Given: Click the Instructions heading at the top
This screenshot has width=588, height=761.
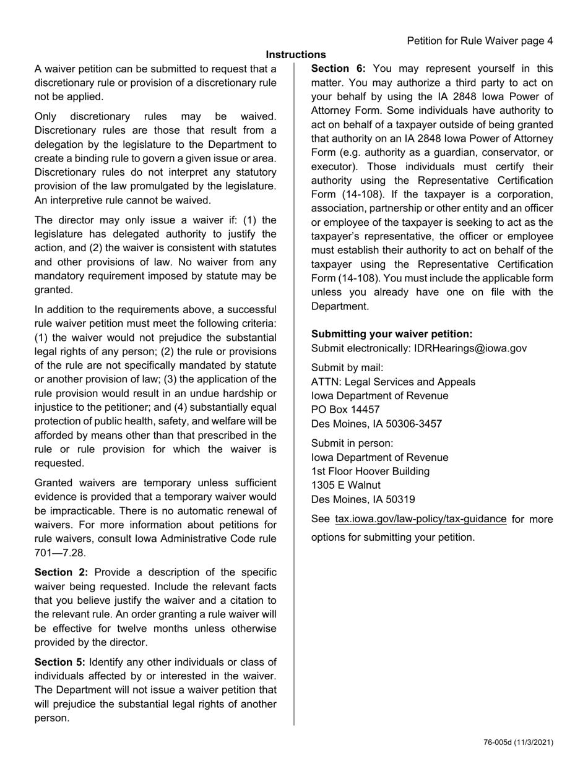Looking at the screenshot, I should point(296,55).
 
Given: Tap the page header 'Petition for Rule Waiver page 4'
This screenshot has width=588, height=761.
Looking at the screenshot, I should point(480,41).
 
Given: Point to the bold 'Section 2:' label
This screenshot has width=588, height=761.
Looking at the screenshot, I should point(61,572).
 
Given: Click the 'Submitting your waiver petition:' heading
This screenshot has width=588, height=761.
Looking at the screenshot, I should point(392,334).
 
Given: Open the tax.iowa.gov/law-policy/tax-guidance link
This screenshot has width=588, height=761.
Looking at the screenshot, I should point(420,519).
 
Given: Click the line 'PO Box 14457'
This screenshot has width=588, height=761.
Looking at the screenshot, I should point(345,410).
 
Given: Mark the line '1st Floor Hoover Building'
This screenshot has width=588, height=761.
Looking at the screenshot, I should point(370,471).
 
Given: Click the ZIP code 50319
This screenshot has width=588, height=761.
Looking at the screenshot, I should point(399,499).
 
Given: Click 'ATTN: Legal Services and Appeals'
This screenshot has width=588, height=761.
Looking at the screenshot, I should point(393,382).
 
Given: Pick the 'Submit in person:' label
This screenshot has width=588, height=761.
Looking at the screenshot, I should point(352,443).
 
